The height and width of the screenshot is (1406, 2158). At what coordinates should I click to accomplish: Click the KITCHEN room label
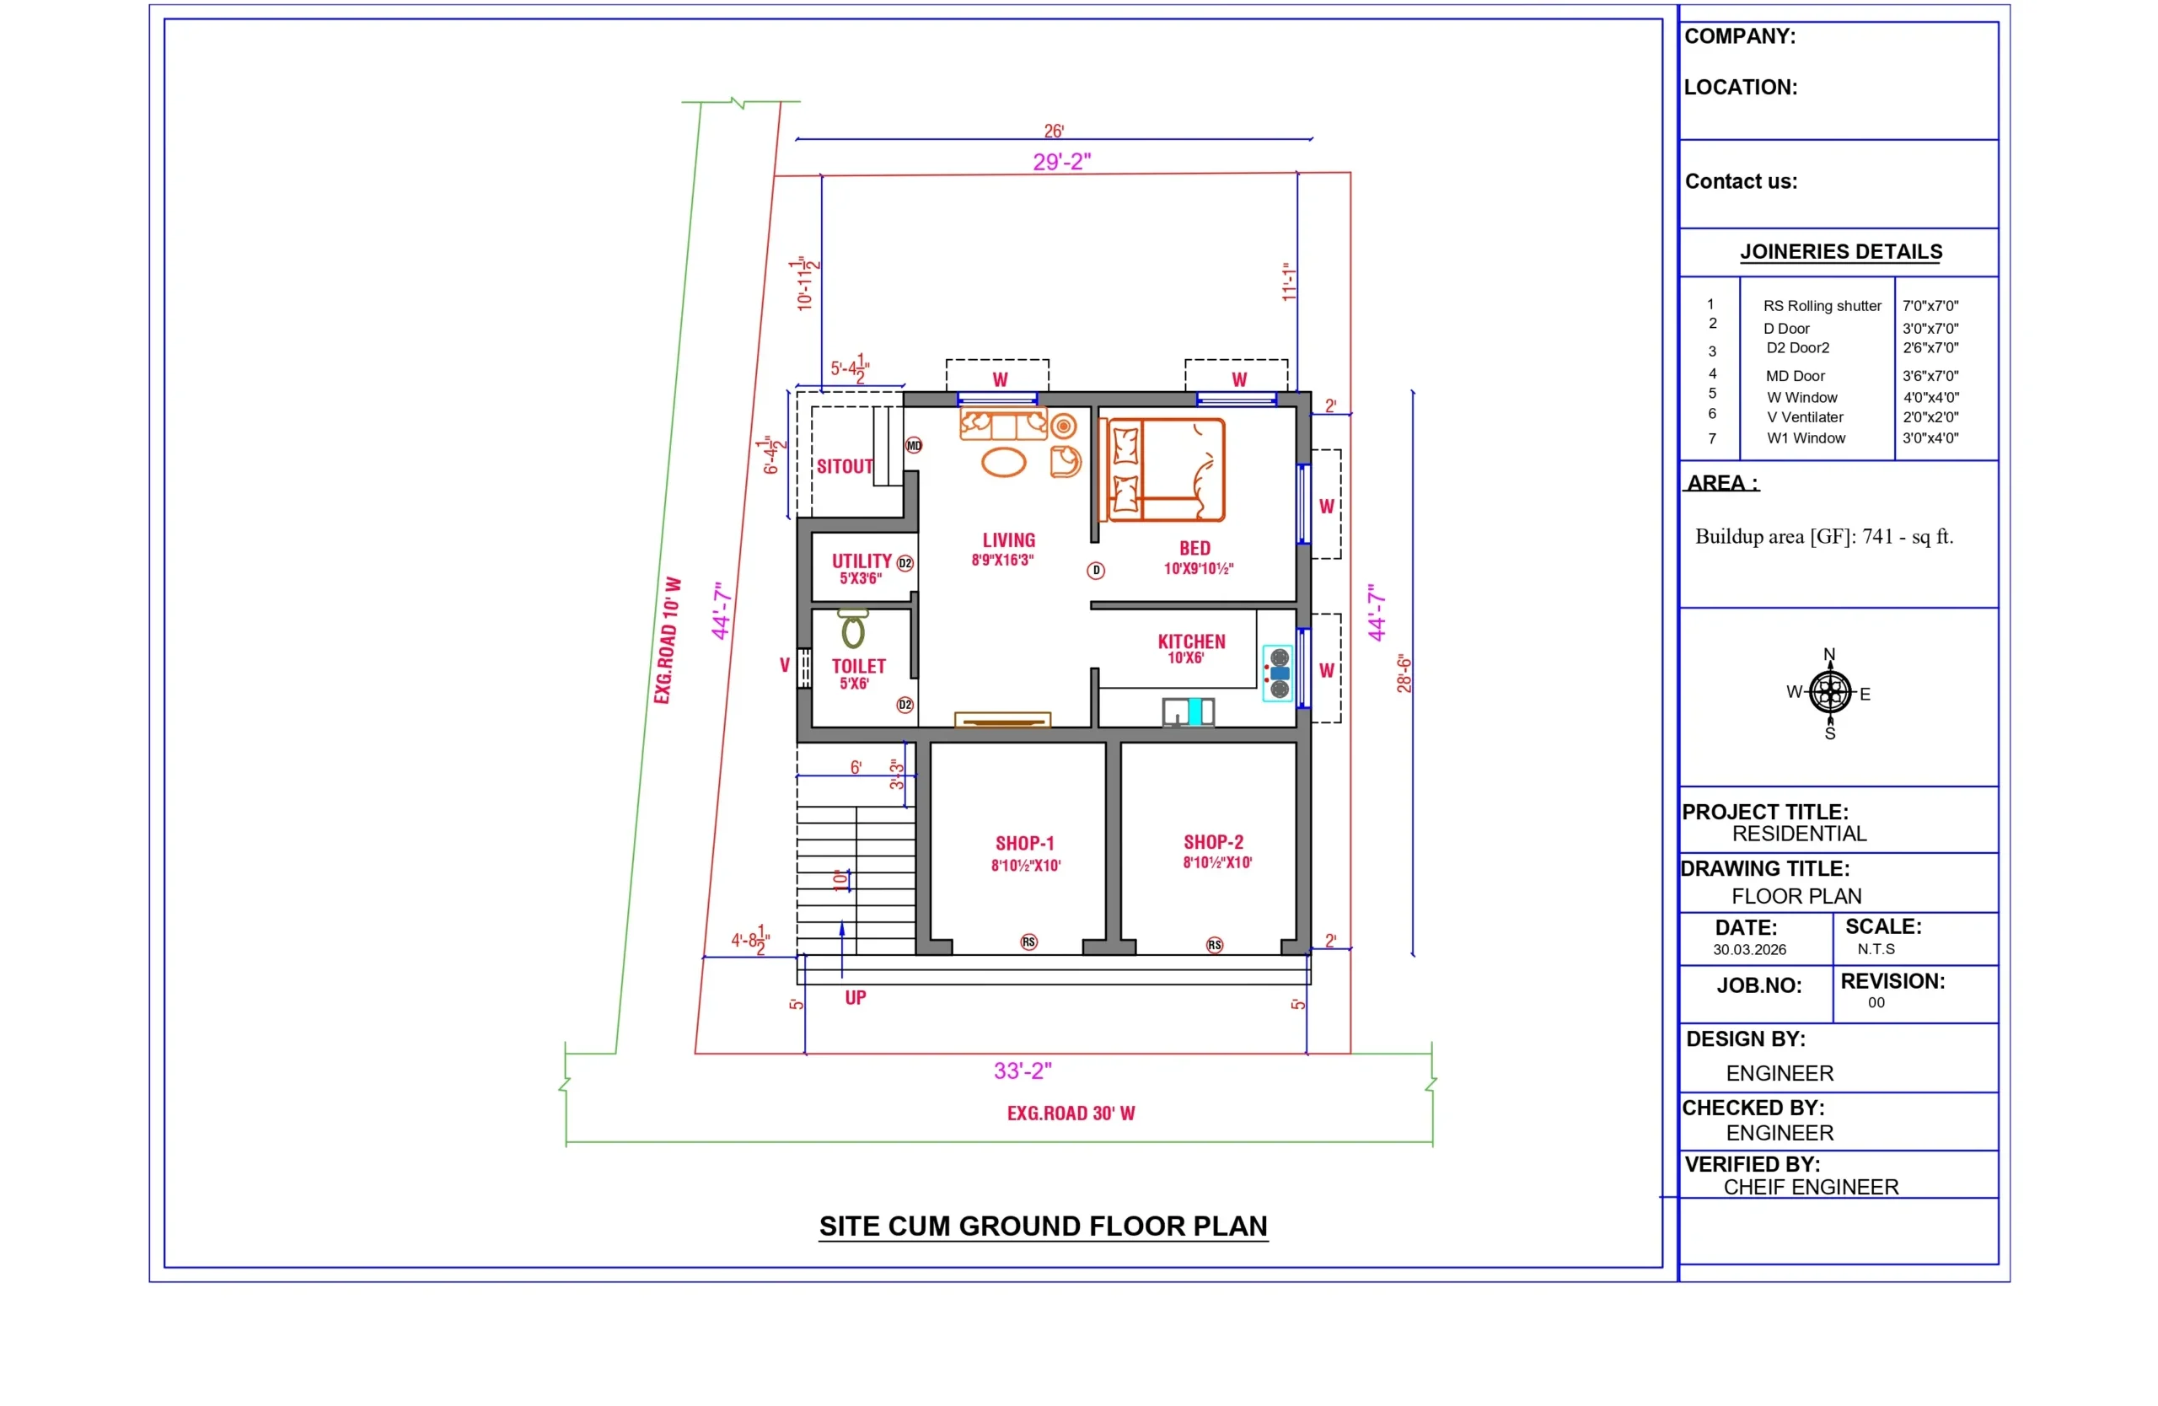point(1190,641)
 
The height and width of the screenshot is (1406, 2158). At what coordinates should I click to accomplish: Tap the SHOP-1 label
point(1024,843)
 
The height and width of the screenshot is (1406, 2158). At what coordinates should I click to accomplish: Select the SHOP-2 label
point(1213,842)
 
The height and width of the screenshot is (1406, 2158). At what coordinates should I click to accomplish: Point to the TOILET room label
point(858,666)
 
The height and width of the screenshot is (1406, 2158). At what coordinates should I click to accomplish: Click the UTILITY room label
point(862,561)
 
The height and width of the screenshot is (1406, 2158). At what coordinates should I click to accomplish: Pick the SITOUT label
point(844,466)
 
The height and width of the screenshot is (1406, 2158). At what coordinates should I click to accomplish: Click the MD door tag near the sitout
point(914,445)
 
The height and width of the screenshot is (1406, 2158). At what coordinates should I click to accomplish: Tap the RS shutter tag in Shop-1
point(1028,942)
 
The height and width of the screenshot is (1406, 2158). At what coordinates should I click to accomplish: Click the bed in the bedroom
point(1165,470)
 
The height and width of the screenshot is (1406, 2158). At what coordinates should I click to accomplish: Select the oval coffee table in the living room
point(1003,461)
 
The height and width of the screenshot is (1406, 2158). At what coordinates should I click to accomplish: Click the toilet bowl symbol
point(852,628)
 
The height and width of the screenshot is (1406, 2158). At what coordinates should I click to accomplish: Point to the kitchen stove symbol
point(1279,673)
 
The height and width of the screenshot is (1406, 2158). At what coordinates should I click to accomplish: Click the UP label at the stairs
point(855,998)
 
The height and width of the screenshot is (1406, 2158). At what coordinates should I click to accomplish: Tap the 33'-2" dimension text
point(1022,1071)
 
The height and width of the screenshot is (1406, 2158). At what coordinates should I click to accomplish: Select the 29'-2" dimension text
point(1062,161)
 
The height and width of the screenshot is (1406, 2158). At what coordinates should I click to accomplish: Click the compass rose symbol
point(1830,694)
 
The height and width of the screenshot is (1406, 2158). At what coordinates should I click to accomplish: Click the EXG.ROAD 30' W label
point(1071,1114)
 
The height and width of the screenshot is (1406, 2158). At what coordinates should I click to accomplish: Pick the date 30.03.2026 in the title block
point(1749,949)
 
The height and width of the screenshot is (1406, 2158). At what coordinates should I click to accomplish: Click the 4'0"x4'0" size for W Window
point(1930,397)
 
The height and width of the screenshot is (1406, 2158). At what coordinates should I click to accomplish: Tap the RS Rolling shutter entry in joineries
point(1822,305)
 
